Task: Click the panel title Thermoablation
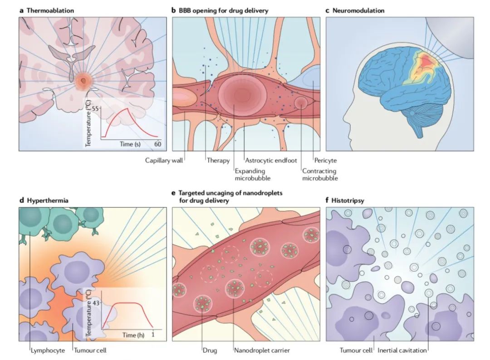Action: pos(50,10)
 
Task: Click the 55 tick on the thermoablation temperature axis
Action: pos(94,109)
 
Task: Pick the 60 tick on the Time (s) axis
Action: pos(157,144)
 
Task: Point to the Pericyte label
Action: pos(325,161)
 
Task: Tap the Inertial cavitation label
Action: pos(402,350)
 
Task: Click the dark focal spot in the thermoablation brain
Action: pos(83,80)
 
